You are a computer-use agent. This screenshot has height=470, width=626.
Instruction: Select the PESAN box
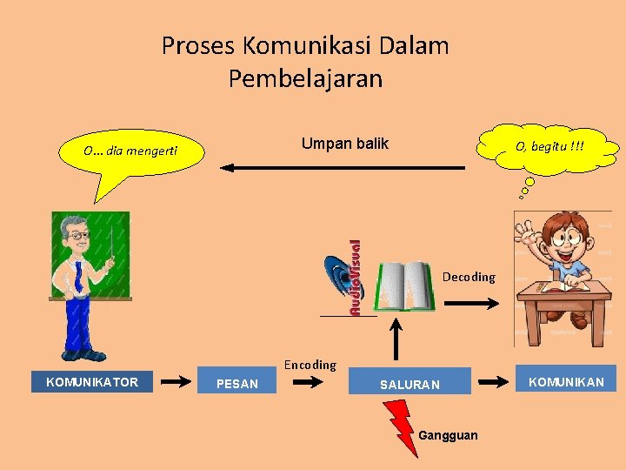tap(237, 383)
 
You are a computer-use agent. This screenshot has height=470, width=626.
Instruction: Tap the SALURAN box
tap(410, 384)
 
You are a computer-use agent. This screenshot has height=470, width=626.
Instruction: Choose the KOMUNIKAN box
tap(566, 380)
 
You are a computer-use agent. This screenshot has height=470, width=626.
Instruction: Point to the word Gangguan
tap(448, 435)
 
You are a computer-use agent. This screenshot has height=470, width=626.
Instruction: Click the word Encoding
tap(310, 365)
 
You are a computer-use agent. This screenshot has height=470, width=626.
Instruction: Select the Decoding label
tap(469, 277)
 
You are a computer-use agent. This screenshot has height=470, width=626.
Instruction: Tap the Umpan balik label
tap(344, 144)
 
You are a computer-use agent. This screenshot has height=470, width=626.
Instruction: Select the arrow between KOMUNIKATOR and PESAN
tap(177, 381)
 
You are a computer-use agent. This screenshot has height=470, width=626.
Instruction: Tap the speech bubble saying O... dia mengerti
tap(131, 152)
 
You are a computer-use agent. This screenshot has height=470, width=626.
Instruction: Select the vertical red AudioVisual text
tap(356, 278)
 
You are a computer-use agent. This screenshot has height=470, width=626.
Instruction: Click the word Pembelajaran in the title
tap(305, 79)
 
